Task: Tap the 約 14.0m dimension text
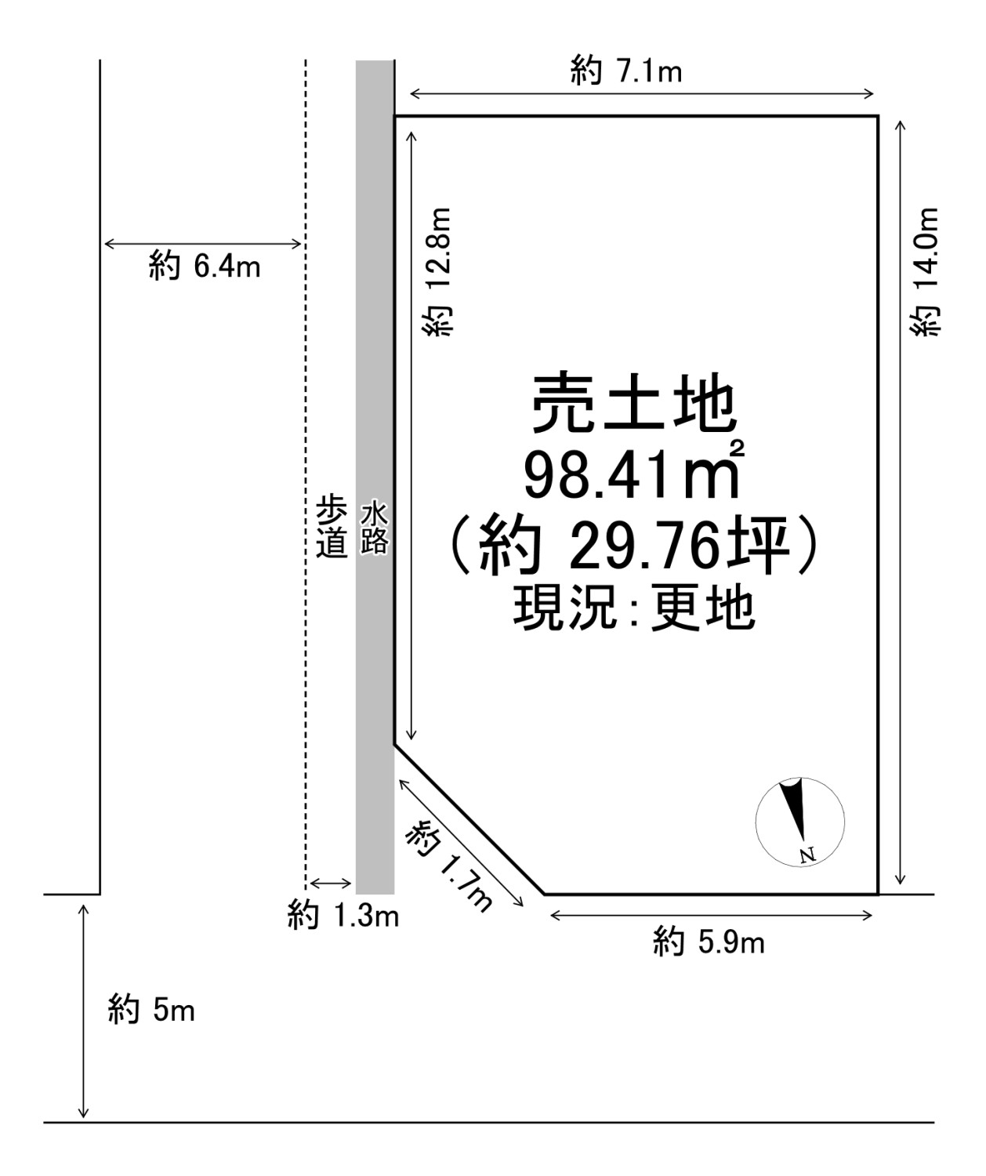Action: (926, 273)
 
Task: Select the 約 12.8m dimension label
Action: (437, 273)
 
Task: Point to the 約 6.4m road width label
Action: (204, 267)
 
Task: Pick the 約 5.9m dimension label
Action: (709, 942)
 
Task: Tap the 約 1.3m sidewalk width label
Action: (343, 915)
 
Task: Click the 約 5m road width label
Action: (150, 1011)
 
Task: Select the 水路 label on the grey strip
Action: (374, 529)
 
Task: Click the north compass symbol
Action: (799, 822)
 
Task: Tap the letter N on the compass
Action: (807, 854)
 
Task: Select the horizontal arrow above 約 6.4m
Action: (202, 244)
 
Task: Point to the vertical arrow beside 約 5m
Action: (83, 1011)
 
